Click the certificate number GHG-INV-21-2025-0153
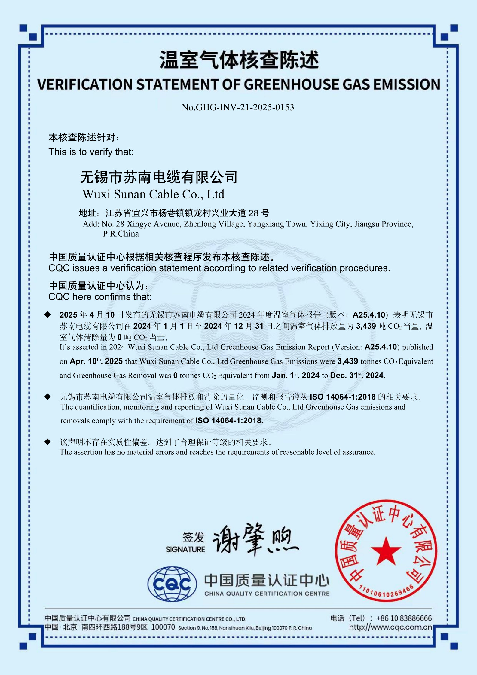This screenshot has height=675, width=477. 245,107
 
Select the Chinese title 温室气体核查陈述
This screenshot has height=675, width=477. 239,60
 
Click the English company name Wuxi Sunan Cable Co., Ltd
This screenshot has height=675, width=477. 153,194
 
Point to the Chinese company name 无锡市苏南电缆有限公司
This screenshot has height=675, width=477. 159,177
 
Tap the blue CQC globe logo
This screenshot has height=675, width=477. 172,584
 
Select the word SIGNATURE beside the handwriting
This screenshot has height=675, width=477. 185,549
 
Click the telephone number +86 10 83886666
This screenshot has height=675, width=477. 404,618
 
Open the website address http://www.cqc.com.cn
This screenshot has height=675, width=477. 390,627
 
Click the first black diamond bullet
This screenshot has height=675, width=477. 47,315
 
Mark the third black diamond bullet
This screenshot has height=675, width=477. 47,442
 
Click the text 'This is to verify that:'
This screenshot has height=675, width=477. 91,152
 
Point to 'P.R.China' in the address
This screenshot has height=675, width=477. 121,234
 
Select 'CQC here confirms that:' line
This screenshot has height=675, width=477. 100,297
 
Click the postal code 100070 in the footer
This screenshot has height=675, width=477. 163,627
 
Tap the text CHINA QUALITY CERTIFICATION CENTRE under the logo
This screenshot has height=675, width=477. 267,594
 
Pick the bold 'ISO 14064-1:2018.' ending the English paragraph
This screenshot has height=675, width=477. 229,420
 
